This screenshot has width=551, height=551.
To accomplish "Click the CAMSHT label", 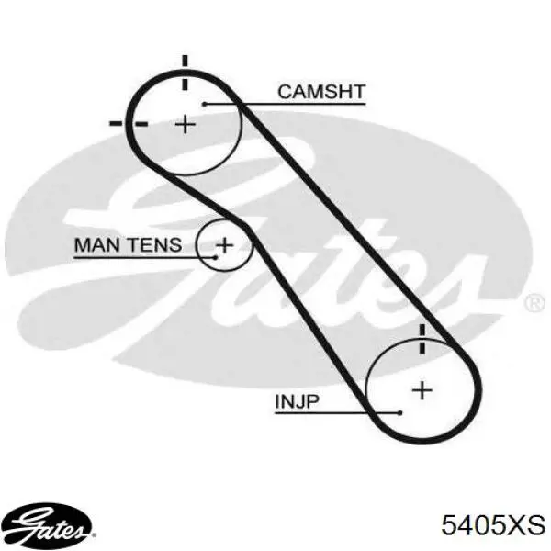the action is pos(321,92).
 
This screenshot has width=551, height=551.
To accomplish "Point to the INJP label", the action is pos(297,401).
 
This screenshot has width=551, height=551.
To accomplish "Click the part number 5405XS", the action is pos(493,525).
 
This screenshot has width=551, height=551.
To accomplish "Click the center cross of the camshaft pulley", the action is pos(186,124).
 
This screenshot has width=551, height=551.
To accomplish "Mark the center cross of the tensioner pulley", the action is pos(225,245).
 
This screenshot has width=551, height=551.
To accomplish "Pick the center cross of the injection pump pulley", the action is pos(422,390).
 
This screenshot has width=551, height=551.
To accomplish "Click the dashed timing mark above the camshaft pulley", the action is pos(185,72).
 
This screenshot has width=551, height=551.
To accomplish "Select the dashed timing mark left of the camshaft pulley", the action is pos(129,124).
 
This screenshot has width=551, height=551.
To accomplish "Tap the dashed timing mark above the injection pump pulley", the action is pos(422,339).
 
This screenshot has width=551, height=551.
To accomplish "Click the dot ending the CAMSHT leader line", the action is pos(205,104).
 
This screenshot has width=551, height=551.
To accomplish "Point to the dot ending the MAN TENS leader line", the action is pos(216,257).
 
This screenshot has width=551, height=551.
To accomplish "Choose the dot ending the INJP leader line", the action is pos(399,413).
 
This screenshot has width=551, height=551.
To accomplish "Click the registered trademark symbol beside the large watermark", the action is pos(534,303).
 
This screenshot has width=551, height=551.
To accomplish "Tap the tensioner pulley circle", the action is pos(197,245).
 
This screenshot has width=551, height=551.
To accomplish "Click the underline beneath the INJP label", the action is pos(337,413).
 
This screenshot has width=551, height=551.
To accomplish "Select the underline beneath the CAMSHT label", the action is pos(286,104).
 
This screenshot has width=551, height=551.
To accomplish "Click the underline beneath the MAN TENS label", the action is pos(145,257).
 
